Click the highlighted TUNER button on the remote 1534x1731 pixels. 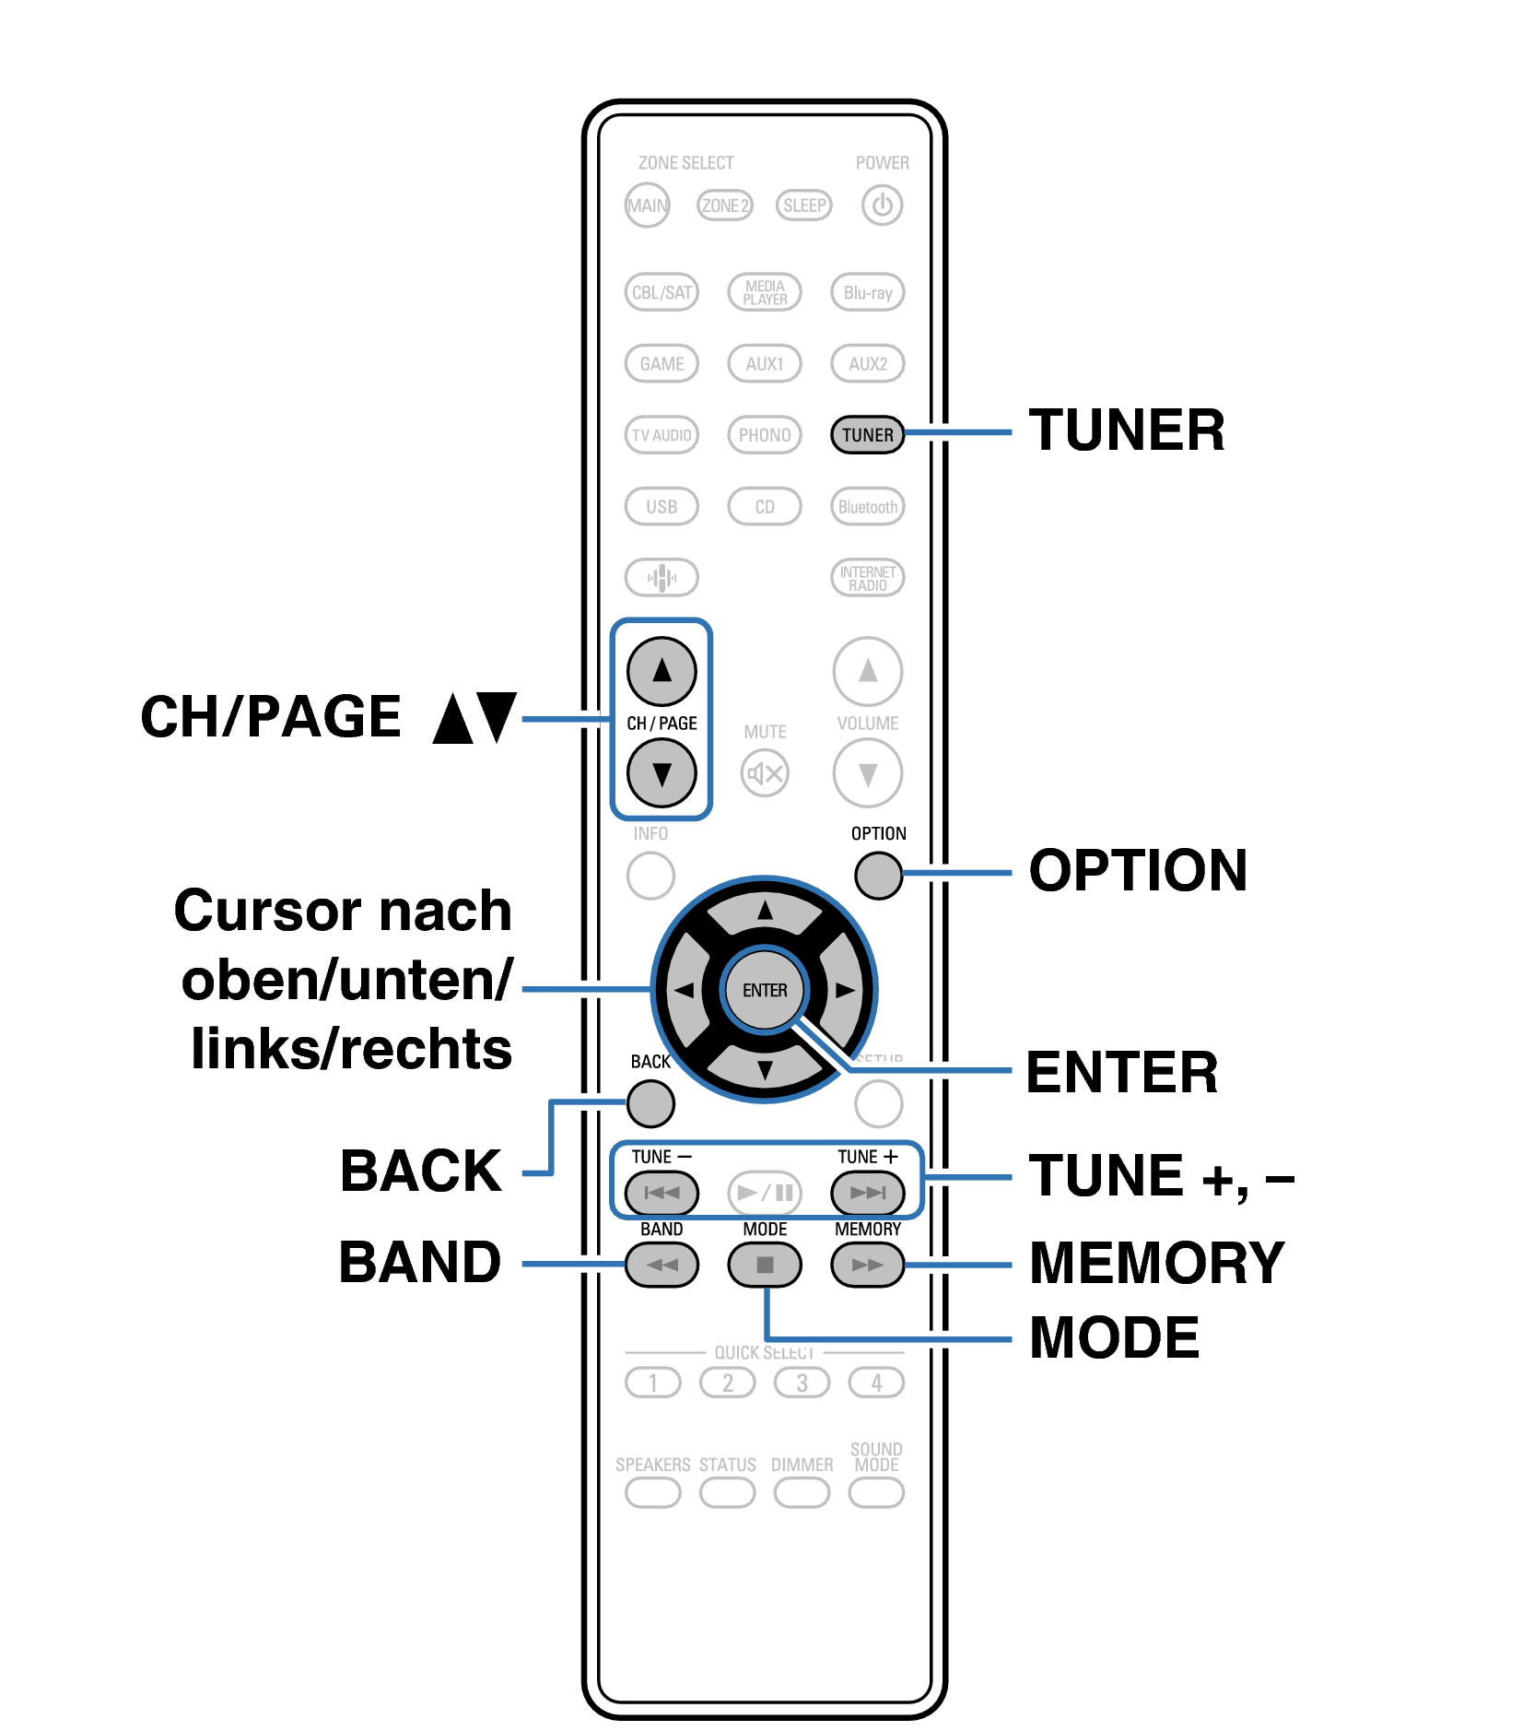click(x=867, y=434)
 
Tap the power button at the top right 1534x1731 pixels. click(x=882, y=205)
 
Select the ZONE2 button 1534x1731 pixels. click(x=725, y=205)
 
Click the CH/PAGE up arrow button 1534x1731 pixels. click(x=662, y=670)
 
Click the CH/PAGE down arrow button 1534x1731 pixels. click(x=662, y=772)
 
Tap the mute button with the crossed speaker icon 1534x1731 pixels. click(x=765, y=772)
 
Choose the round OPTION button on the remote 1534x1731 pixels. click(x=878, y=875)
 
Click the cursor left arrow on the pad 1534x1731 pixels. click(x=684, y=990)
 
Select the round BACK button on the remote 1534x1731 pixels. click(x=650, y=1103)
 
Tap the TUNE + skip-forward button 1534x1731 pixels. click(x=867, y=1193)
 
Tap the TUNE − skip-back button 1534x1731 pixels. click(x=662, y=1193)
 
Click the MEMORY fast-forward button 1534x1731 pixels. click(x=867, y=1265)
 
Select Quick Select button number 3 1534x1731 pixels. click(x=802, y=1383)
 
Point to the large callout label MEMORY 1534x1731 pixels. click(x=1157, y=1263)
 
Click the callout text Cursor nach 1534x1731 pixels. click(x=343, y=911)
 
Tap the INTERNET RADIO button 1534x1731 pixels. click(x=867, y=578)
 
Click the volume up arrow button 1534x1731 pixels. click(x=867, y=670)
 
